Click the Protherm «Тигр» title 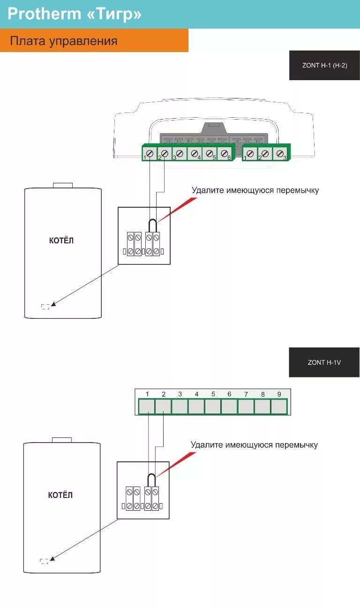74,14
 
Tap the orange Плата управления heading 63,41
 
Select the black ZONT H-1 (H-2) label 324,66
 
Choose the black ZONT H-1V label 324,362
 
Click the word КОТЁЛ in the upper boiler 61,241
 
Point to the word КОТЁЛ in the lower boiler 60,495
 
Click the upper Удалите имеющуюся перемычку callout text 255,190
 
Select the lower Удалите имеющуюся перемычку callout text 254,444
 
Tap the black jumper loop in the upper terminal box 152,224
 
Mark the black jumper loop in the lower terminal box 151,479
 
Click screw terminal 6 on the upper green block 225,153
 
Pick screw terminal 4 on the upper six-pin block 195,153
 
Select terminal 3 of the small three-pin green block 280,153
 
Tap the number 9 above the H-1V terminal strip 279,394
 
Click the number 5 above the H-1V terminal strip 213,394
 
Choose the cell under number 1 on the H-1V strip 147,407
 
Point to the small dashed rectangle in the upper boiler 45,307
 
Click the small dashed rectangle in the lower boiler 44,561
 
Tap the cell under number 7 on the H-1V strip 246,407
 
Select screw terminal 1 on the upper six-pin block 150,153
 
